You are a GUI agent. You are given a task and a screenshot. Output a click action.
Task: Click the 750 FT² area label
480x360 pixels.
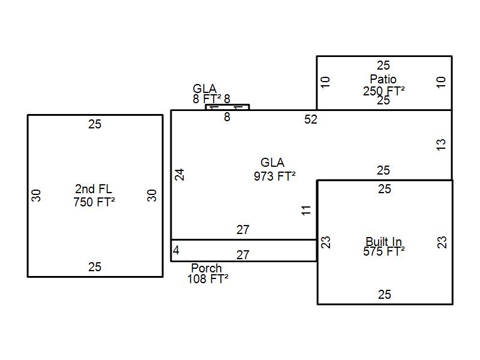pyautogui.click(x=94, y=202)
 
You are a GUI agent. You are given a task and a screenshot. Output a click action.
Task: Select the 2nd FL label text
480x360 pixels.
pyautogui.click(x=94, y=190)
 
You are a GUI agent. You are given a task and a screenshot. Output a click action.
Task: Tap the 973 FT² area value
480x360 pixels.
pyautogui.click(x=275, y=176)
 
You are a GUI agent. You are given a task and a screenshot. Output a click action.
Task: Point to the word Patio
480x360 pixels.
pyautogui.click(x=383, y=79)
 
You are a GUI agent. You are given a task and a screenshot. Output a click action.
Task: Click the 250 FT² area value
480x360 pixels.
pyautogui.click(x=383, y=91)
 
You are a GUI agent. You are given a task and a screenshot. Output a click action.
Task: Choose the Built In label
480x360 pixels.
pyautogui.click(x=384, y=242)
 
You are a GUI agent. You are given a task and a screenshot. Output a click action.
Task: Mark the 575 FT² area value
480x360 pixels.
pyautogui.click(x=383, y=251)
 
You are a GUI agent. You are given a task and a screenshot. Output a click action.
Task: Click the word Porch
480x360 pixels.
pyautogui.click(x=206, y=268)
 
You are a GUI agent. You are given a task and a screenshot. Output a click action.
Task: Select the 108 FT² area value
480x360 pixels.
pyautogui.click(x=208, y=279)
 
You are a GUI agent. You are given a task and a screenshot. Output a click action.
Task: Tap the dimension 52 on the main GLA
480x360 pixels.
pyautogui.click(x=311, y=119)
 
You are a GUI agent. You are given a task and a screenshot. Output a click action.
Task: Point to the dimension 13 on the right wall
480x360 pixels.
pyautogui.click(x=441, y=145)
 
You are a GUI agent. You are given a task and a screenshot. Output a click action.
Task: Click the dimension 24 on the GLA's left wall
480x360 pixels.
pyautogui.click(x=179, y=174)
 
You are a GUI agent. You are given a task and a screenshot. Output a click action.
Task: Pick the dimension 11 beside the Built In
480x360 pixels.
pyautogui.click(x=307, y=210)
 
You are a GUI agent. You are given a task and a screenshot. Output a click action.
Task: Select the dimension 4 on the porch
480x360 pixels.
pyautogui.click(x=176, y=250)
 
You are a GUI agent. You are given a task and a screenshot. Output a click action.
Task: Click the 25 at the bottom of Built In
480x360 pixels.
pyautogui.click(x=384, y=295)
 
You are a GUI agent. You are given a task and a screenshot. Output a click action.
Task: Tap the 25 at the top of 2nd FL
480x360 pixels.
pyautogui.click(x=95, y=124)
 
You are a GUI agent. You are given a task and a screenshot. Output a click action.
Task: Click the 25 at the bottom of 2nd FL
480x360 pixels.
pyautogui.click(x=95, y=267)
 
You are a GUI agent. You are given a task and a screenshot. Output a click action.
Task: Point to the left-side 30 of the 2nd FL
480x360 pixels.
pyautogui.click(x=37, y=195)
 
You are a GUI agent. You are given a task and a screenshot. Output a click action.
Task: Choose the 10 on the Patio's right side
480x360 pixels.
pyautogui.click(x=442, y=82)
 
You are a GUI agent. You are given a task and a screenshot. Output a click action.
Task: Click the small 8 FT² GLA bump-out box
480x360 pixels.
pyautogui.click(x=227, y=107)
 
